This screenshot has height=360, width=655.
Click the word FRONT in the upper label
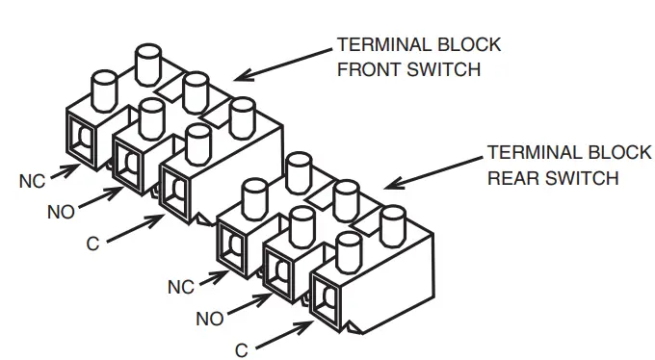[x=367, y=69]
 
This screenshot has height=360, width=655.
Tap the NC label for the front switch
[x=30, y=180]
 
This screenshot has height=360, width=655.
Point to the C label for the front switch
[x=92, y=244]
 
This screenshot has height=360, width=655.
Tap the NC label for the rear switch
[x=181, y=288]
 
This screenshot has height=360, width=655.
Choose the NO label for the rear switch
[x=209, y=319]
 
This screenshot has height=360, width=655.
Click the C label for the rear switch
[x=242, y=350]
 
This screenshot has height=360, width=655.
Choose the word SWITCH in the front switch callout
[x=446, y=69]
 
